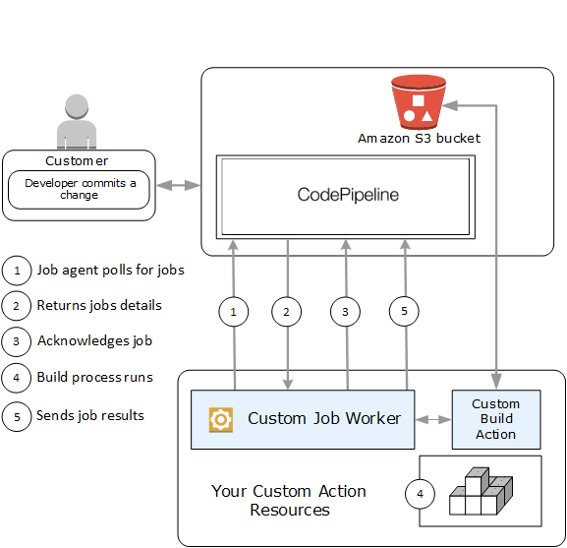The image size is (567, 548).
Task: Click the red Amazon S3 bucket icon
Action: click(418, 103)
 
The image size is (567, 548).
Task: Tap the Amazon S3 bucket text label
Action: click(419, 139)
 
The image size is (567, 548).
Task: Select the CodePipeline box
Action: click(348, 195)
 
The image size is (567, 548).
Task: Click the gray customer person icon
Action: click(79, 122)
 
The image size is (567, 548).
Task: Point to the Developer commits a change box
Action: click(80, 189)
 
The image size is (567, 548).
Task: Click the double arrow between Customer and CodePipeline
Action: click(178, 184)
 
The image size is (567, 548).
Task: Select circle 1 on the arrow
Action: click(233, 312)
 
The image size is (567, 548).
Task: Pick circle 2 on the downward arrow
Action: click(287, 312)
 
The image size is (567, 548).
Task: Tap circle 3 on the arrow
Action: click(345, 312)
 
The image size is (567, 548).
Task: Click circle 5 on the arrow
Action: click(403, 312)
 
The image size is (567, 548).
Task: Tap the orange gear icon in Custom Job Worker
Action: click(220, 419)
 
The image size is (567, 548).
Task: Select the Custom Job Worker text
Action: click(324, 419)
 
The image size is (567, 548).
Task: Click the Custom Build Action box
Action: click(495, 419)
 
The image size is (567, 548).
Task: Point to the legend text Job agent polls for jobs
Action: click(110, 270)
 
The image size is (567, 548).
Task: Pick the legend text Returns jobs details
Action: click(99, 305)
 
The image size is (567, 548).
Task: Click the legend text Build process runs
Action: click(94, 377)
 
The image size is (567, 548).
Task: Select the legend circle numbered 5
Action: click(17, 415)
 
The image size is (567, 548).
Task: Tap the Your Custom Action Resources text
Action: click(289, 500)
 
